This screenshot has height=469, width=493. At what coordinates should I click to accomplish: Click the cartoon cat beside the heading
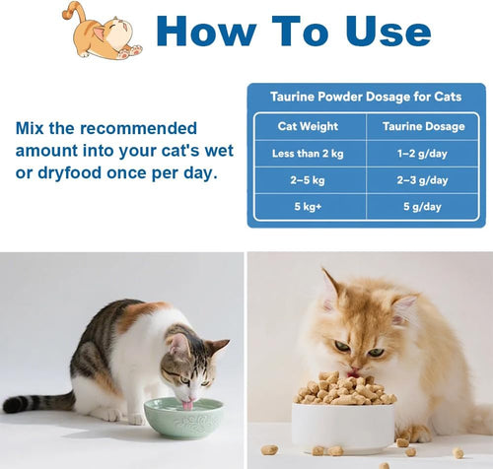(x=103, y=33)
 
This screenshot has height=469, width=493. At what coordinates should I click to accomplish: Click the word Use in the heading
(x=388, y=31)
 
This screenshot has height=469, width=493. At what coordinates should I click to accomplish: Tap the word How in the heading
(x=206, y=31)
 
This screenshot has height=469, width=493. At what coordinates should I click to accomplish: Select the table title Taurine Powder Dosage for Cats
(x=366, y=97)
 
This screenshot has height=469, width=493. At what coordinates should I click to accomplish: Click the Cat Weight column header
(x=308, y=126)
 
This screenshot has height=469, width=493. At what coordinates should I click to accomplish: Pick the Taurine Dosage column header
(x=424, y=126)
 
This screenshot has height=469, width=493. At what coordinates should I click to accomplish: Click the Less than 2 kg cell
(x=308, y=154)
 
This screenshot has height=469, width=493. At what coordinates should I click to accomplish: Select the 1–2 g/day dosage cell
(x=422, y=154)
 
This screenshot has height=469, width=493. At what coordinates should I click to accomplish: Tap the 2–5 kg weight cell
(x=308, y=180)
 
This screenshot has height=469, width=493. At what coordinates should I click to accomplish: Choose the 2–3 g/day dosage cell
(x=422, y=180)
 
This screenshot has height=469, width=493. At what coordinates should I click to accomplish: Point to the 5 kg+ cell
(x=308, y=206)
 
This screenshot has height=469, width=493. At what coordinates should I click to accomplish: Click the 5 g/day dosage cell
(x=422, y=206)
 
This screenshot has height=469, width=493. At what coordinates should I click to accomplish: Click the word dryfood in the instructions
(x=69, y=173)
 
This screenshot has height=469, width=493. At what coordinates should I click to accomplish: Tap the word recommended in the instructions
(x=138, y=128)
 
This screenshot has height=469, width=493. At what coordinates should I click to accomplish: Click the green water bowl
(x=184, y=418)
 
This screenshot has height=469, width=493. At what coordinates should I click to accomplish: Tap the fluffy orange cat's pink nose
(x=354, y=370)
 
